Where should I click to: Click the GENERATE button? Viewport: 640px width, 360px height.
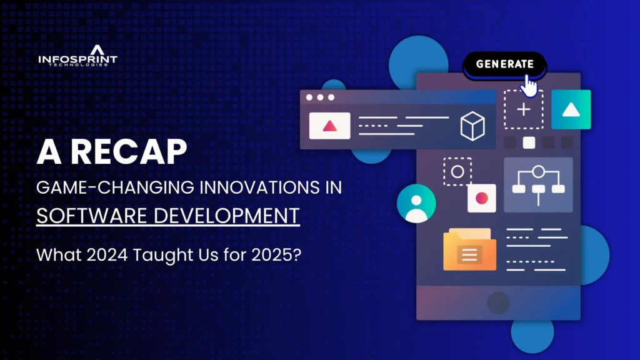pyautogui.click(x=504, y=64)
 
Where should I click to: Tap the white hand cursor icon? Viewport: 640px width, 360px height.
pyautogui.click(x=529, y=86)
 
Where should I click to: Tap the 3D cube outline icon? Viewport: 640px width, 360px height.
pyautogui.click(x=472, y=126)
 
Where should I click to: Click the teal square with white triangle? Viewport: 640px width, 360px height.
pyautogui.click(x=571, y=110)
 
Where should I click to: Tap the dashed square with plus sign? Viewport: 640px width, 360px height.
pyautogui.click(x=523, y=110)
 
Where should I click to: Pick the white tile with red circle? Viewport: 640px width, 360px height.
pyautogui.click(x=481, y=198)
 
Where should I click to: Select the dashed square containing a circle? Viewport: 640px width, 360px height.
pyautogui.click(x=457, y=171)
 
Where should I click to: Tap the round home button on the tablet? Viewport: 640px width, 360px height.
pyautogui.click(x=498, y=303)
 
